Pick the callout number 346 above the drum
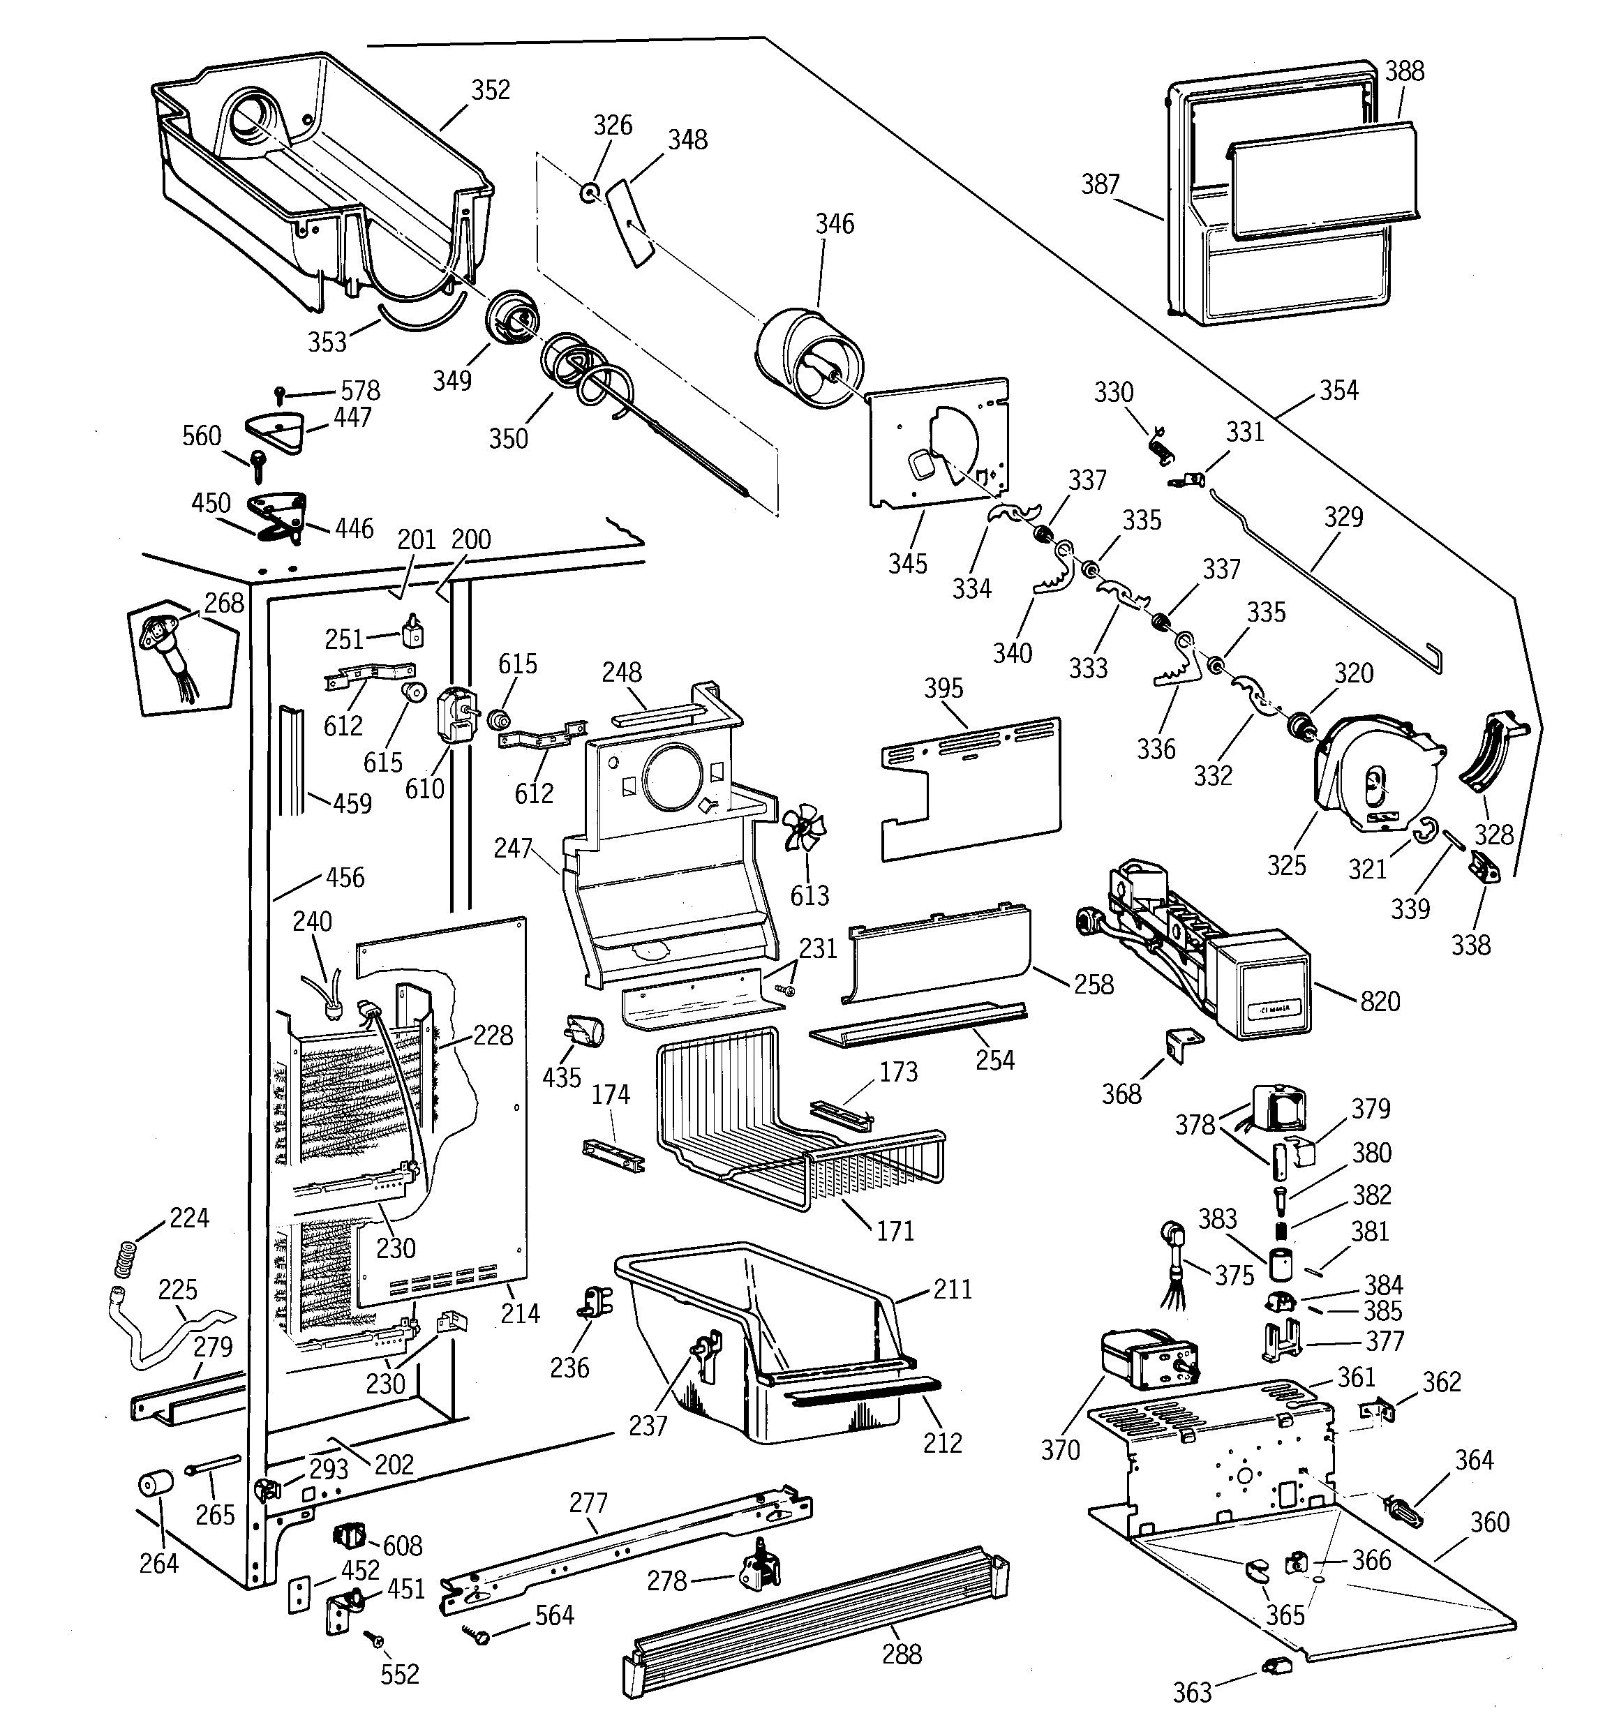tap(834, 224)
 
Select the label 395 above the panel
tap(943, 689)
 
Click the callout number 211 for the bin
tap(953, 1289)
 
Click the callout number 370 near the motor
tap(1060, 1450)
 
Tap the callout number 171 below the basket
tap(895, 1231)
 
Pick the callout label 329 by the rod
tap(1343, 518)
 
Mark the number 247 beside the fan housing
tap(513, 848)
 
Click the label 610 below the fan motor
tap(424, 788)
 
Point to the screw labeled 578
tap(280, 394)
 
